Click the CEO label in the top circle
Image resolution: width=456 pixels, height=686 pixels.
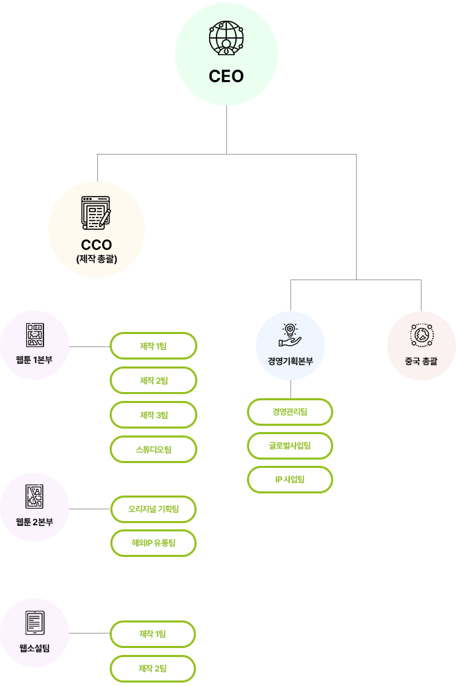pyautogui.click(x=226, y=76)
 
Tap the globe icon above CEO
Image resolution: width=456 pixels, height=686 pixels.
pyautogui.click(x=226, y=38)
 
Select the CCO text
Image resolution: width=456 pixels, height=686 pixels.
pyautogui.click(x=96, y=244)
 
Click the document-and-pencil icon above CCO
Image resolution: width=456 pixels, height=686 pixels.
pyautogui.click(x=96, y=213)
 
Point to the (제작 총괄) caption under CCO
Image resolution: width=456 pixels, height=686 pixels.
pyautogui.click(x=96, y=259)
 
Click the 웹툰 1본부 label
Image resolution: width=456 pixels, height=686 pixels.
pyautogui.click(x=34, y=360)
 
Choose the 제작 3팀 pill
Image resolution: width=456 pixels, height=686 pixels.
pyautogui.click(x=153, y=415)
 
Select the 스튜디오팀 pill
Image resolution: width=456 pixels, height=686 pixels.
pyautogui.click(x=153, y=449)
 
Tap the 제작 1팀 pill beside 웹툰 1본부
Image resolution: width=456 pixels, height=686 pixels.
pyautogui.click(x=153, y=346)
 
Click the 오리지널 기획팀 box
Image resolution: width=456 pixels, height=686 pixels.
pyautogui.click(x=153, y=509)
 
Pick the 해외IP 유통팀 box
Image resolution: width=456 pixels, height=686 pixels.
pyautogui.click(x=153, y=543)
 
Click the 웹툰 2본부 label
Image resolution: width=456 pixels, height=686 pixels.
pyautogui.click(x=34, y=522)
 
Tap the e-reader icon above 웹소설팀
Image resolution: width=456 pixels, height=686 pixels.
pyautogui.click(x=34, y=623)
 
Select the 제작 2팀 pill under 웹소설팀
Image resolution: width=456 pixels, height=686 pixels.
pyautogui.click(x=152, y=669)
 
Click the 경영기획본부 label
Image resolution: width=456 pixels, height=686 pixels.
pyautogui.click(x=290, y=362)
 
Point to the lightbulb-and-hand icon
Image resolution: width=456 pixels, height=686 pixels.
pyautogui.click(x=290, y=335)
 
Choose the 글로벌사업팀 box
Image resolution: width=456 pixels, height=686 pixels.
pyautogui.click(x=290, y=446)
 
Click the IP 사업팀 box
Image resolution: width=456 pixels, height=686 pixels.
pyautogui.click(x=290, y=480)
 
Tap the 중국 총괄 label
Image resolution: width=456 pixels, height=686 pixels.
pyautogui.click(x=421, y=362)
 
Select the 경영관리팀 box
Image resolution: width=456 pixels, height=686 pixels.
pyautogui.click(x=290, y=412)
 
